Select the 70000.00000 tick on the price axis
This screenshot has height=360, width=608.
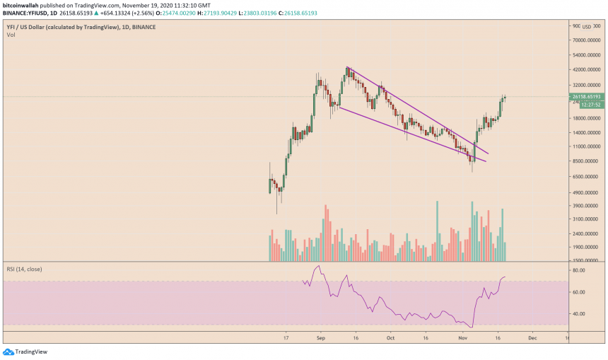586,41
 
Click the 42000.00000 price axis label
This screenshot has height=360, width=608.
586,70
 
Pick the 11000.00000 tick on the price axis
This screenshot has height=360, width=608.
586,147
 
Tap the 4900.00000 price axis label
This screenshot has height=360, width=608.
586,192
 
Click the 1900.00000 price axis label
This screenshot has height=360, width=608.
586,248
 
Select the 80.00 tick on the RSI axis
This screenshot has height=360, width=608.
578,271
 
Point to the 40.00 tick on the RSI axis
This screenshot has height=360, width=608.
578,313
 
